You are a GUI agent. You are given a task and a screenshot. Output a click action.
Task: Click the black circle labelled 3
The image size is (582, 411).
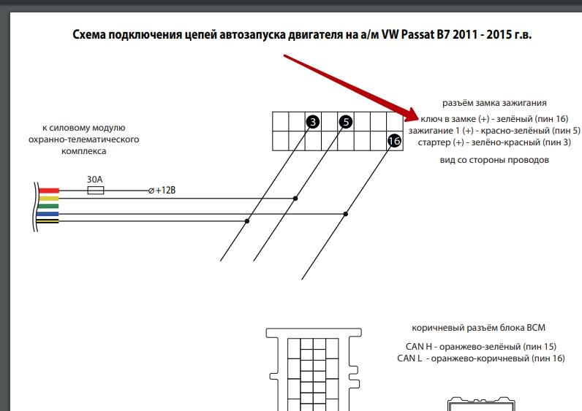(313, 122)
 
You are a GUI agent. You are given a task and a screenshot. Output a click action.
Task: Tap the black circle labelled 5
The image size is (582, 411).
(346, 122)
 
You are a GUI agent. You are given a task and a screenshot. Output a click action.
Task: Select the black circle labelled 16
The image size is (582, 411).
(394, 141)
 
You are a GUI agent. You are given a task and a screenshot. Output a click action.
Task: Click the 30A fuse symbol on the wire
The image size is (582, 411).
(95, 191)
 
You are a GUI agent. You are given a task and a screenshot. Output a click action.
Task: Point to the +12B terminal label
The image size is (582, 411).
(165, 191)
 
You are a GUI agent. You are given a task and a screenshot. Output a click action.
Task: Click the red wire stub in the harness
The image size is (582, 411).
(49, 191)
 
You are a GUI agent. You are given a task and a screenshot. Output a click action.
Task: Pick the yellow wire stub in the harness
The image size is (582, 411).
(49, 199)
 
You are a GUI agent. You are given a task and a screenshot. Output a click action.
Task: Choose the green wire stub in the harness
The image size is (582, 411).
(49, 206)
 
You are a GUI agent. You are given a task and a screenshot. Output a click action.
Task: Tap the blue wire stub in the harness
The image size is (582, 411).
(48, 214)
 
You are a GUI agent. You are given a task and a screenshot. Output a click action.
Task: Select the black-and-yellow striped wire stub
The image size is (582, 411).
(48, 221)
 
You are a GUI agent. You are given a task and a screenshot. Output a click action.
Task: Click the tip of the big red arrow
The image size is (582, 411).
(420, 119)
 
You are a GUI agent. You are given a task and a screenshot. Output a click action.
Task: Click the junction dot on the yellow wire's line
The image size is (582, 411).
(295, 199)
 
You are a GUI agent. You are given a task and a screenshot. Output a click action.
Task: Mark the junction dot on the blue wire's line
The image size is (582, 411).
(346, 214)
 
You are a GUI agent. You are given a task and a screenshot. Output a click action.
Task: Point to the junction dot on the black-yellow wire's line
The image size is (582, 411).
(247, 221)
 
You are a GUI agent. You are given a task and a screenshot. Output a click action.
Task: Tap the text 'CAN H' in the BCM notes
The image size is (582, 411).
(419, 347)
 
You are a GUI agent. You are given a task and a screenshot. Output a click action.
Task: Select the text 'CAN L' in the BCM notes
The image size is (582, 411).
(409, 358)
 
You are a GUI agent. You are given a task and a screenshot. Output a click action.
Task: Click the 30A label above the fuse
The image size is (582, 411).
(94, 180)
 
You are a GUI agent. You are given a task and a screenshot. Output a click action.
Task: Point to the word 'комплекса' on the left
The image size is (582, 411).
(84, 151)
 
